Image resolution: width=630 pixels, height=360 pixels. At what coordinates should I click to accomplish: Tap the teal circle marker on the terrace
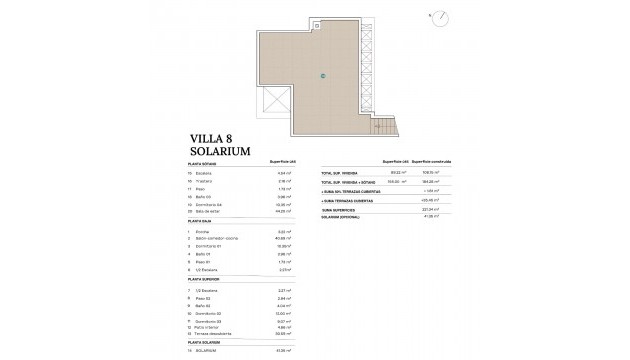(323, 75)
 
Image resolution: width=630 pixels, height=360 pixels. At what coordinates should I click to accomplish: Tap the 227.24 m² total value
(433, 211)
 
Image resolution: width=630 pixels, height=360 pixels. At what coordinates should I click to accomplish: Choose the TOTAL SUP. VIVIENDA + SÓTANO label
(353, 182)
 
